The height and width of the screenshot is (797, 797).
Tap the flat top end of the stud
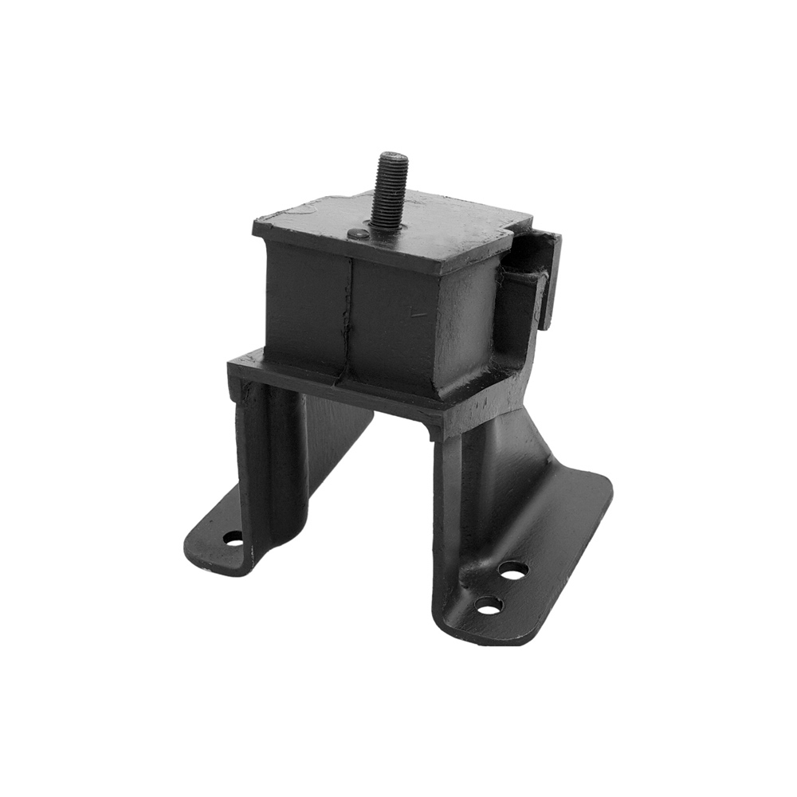tap(394, 155)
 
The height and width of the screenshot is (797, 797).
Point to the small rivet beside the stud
tap(359, 234)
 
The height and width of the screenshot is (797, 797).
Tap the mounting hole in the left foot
tap(233, 539)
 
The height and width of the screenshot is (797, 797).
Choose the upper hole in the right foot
tap(513, 570)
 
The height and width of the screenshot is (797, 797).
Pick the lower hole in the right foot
tap(489, 607)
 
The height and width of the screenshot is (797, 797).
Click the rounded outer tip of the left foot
tap(195, 554)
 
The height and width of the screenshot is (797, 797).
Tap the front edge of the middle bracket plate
tap(335, 389)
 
